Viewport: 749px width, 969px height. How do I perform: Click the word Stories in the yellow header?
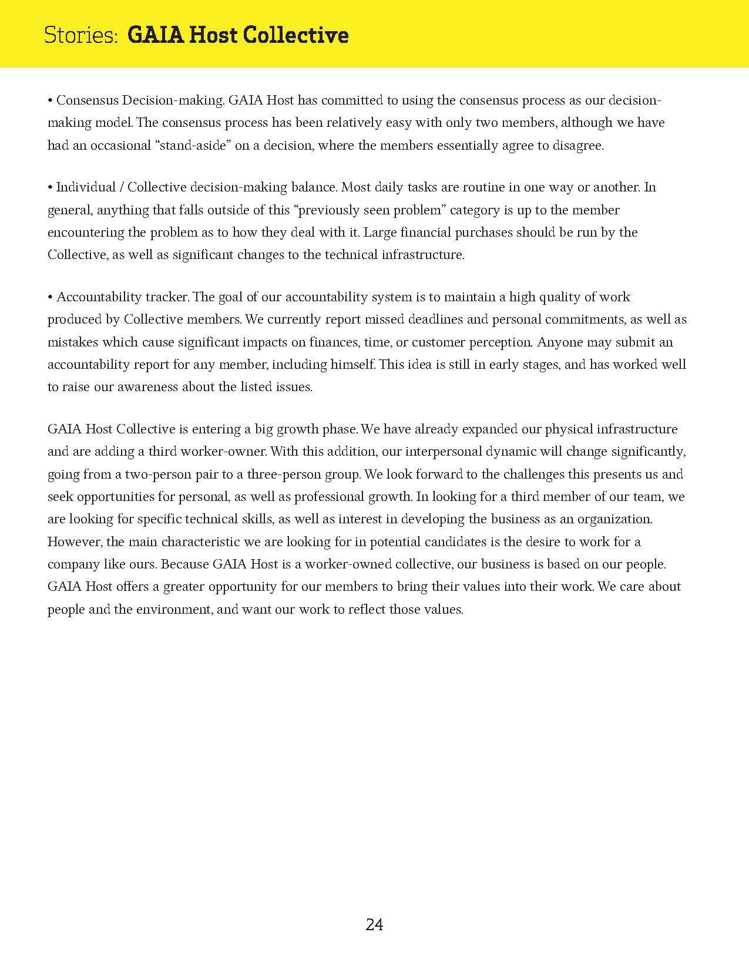point(80,35)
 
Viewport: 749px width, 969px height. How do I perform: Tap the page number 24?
point(374,925)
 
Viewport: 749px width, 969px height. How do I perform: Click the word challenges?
point(517,475)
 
